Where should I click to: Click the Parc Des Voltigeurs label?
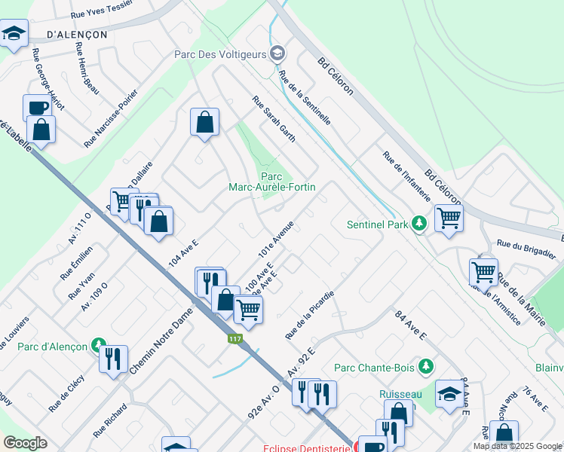(221, 53)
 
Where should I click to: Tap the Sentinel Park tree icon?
(419, 224)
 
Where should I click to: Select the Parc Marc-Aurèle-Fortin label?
(272, 181)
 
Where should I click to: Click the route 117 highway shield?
(234, 340)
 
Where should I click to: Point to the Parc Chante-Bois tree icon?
(427, 367)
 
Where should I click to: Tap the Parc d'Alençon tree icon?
(97, 346)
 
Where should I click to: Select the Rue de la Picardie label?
(309, 313)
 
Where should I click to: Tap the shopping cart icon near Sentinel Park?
(449, 218)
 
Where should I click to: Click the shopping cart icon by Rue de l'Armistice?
(483, 270)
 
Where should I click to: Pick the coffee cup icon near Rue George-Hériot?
(37, 107)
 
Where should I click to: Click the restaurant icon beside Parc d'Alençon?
(113, 358)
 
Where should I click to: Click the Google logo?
(25, 443)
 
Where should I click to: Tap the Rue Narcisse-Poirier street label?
(111, 119)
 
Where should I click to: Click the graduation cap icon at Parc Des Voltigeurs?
(278, 53)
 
